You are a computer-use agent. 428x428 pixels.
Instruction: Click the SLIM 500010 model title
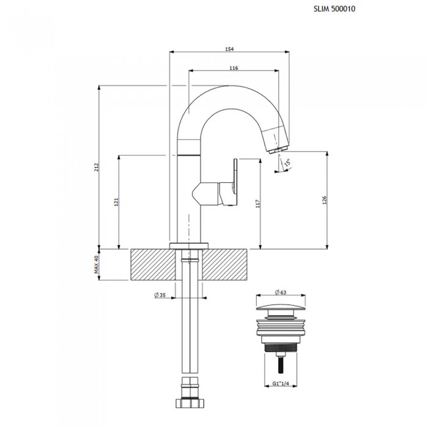[x=334, y=9]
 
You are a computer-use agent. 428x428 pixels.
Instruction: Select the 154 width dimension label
[x=229, y=49]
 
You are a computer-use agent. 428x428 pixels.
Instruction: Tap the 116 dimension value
[x=234, y=68]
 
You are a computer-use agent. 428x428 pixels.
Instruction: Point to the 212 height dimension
[x=96, y=167]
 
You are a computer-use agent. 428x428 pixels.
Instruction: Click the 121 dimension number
[x=117, y=202]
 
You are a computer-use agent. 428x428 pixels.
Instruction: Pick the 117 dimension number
[x=257, y=204]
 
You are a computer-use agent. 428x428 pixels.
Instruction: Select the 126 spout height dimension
[x=324, y=200]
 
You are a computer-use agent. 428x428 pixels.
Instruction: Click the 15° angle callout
[x=287, y=163]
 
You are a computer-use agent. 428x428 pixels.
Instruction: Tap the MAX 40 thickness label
[x=96, y=265]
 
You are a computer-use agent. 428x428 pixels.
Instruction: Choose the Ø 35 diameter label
[x=160, y=295]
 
